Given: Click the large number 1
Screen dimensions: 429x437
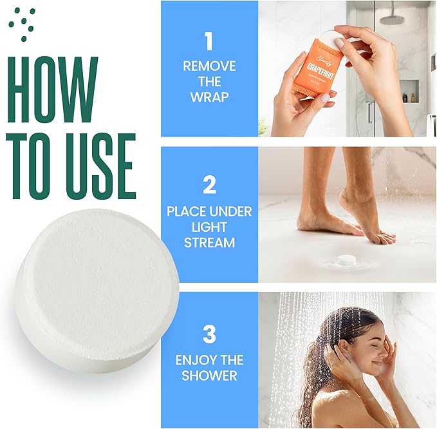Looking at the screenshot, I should pyautogui.click(x=209, y=42).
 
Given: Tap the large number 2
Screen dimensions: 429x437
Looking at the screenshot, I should pyautogui.click(x=209, y=186).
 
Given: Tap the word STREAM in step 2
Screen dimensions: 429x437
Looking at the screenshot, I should pyautogui.click(x=209, y=243).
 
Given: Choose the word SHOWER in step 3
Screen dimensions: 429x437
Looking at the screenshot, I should pyautogui.click(x=209, y=376).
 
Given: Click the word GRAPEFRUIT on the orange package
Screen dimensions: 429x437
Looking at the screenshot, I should pyautogui.click(x=319, y=66).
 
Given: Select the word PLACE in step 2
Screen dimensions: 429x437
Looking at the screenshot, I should pyautogui.click(x=181, y=212).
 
